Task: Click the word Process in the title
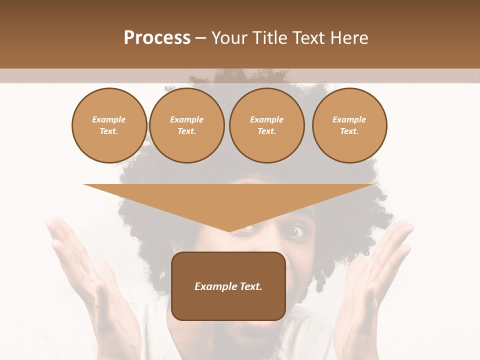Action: (157, 38)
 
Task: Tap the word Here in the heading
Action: (348, 38)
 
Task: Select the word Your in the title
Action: (229, 38)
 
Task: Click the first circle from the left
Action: (109, 125)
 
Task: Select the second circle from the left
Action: (186, 125)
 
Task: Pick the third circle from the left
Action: (266, 125)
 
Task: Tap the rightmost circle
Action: (349, 125)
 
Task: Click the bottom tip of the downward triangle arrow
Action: (229, 231)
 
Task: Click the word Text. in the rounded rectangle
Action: (250, 286)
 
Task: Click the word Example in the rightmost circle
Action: (349, 119)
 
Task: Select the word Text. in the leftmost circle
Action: (109, 131)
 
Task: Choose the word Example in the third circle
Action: (266, 119)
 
